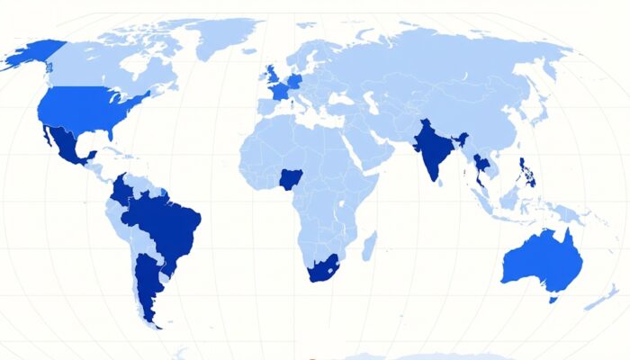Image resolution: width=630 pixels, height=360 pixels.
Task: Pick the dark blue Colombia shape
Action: coord(122,191)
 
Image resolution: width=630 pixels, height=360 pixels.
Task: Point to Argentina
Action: coord(144,279)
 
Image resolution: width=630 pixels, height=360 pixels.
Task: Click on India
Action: coord(433,148)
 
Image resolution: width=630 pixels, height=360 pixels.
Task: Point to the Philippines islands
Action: coord(528,171)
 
